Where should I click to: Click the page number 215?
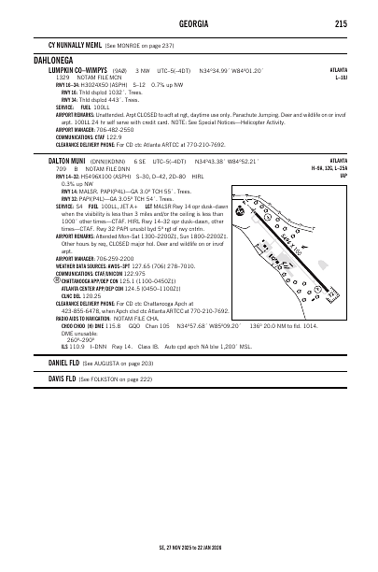click(x=341, y=23)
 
